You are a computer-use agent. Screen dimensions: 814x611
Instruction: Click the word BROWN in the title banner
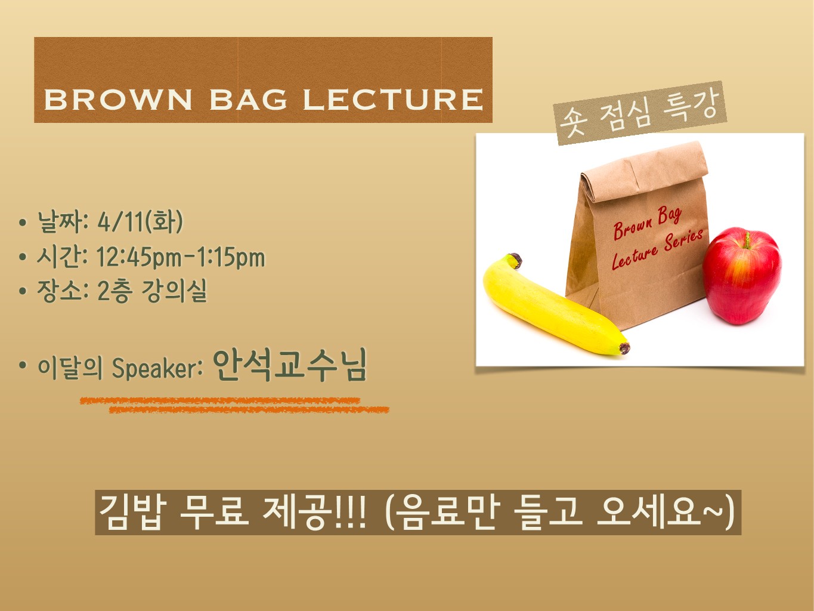118,100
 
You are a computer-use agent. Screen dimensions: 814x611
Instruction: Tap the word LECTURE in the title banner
394,100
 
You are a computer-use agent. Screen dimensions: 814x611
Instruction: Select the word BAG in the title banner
249,100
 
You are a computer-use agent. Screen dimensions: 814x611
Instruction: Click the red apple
742,276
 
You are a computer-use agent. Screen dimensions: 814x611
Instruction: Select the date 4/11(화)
140,222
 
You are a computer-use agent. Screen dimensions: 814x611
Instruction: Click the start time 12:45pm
139,257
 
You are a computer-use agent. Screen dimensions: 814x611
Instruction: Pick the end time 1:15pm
231,257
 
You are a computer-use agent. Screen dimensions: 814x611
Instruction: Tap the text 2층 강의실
152,291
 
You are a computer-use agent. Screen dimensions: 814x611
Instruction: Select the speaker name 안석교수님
290,365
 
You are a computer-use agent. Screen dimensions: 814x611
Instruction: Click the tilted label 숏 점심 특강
640,113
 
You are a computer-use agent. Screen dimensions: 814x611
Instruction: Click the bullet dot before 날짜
23,223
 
